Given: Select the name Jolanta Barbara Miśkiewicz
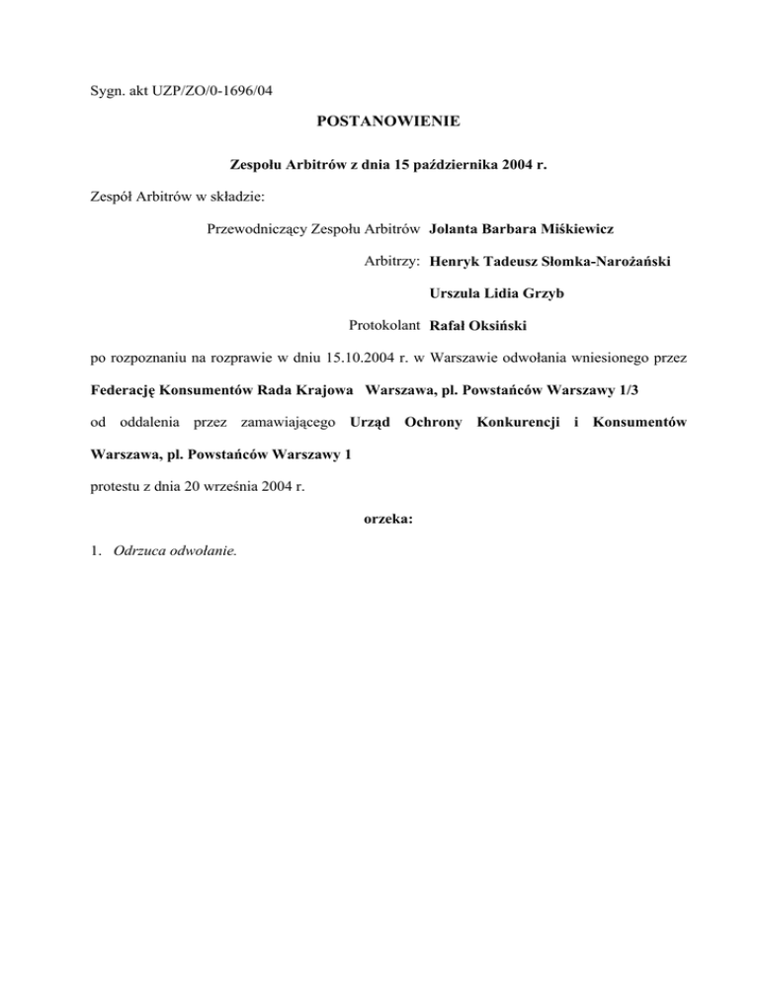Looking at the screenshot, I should tap(522, 229).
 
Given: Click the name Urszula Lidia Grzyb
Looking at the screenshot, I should tap(499, 292).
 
